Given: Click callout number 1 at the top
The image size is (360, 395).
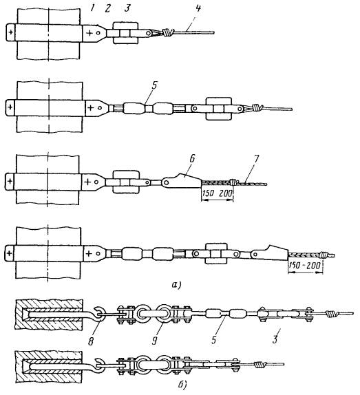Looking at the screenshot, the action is (92, 8).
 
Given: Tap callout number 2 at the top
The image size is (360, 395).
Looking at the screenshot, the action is (107, 8).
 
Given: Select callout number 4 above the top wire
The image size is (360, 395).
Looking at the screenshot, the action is (198, 8).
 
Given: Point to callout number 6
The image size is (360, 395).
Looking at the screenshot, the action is (192, 159).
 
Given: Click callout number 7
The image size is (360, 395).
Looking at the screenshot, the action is (256, 159).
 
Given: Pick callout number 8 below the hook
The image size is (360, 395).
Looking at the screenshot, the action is (91, 341).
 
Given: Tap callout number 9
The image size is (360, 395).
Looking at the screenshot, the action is (155, 341).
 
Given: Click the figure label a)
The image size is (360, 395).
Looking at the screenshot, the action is (176, 285).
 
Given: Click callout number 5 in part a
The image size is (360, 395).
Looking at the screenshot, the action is (154, 85).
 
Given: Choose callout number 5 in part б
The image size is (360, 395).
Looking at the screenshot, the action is (213, 340).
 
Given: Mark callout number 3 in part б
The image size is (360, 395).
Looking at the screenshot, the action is (275, 339).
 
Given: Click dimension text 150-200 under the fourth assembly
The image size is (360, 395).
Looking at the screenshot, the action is (305, 265).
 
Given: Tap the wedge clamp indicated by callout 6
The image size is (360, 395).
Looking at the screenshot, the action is (181, 180).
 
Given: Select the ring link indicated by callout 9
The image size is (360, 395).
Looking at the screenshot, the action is (165, 314).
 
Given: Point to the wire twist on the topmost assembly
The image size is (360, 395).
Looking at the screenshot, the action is (167, 32).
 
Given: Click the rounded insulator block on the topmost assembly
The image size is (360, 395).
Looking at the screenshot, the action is (126, 33).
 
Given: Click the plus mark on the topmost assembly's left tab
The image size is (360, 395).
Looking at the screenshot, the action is (10, 32).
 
